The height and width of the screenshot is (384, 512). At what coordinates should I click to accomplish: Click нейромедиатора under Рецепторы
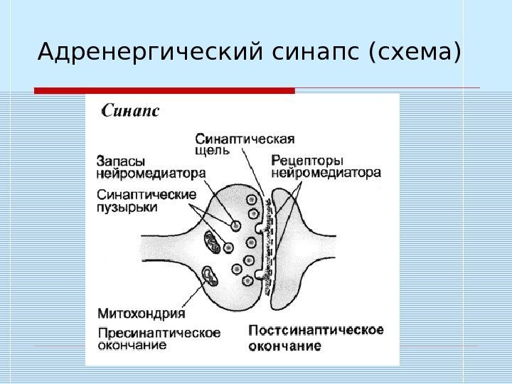tap(326, 171)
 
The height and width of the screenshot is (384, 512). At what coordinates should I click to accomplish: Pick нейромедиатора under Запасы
tap(151, 172)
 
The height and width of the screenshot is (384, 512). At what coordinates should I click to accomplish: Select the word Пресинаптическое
tap(158, 332)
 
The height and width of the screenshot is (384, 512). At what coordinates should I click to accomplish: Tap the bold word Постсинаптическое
tap(317, 331)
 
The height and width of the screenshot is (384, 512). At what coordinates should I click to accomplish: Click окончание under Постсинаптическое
tap(284, 347)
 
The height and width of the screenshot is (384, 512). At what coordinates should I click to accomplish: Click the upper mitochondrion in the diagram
tap(212, 242)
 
